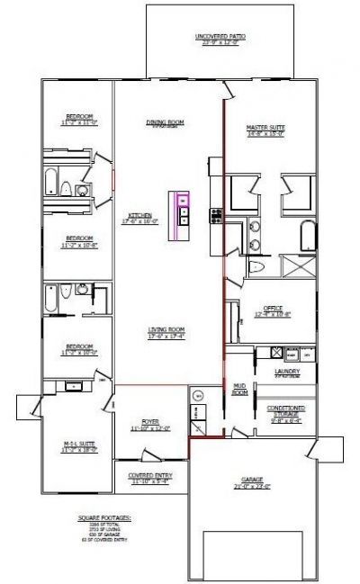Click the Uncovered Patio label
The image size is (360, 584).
point(221,37)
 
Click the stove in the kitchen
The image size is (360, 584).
point(215,215)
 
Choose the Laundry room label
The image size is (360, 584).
point(288,371)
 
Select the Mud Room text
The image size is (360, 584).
point(239,389)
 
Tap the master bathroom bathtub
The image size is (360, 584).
point(306,237)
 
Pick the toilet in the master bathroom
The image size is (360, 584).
point(256,268)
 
